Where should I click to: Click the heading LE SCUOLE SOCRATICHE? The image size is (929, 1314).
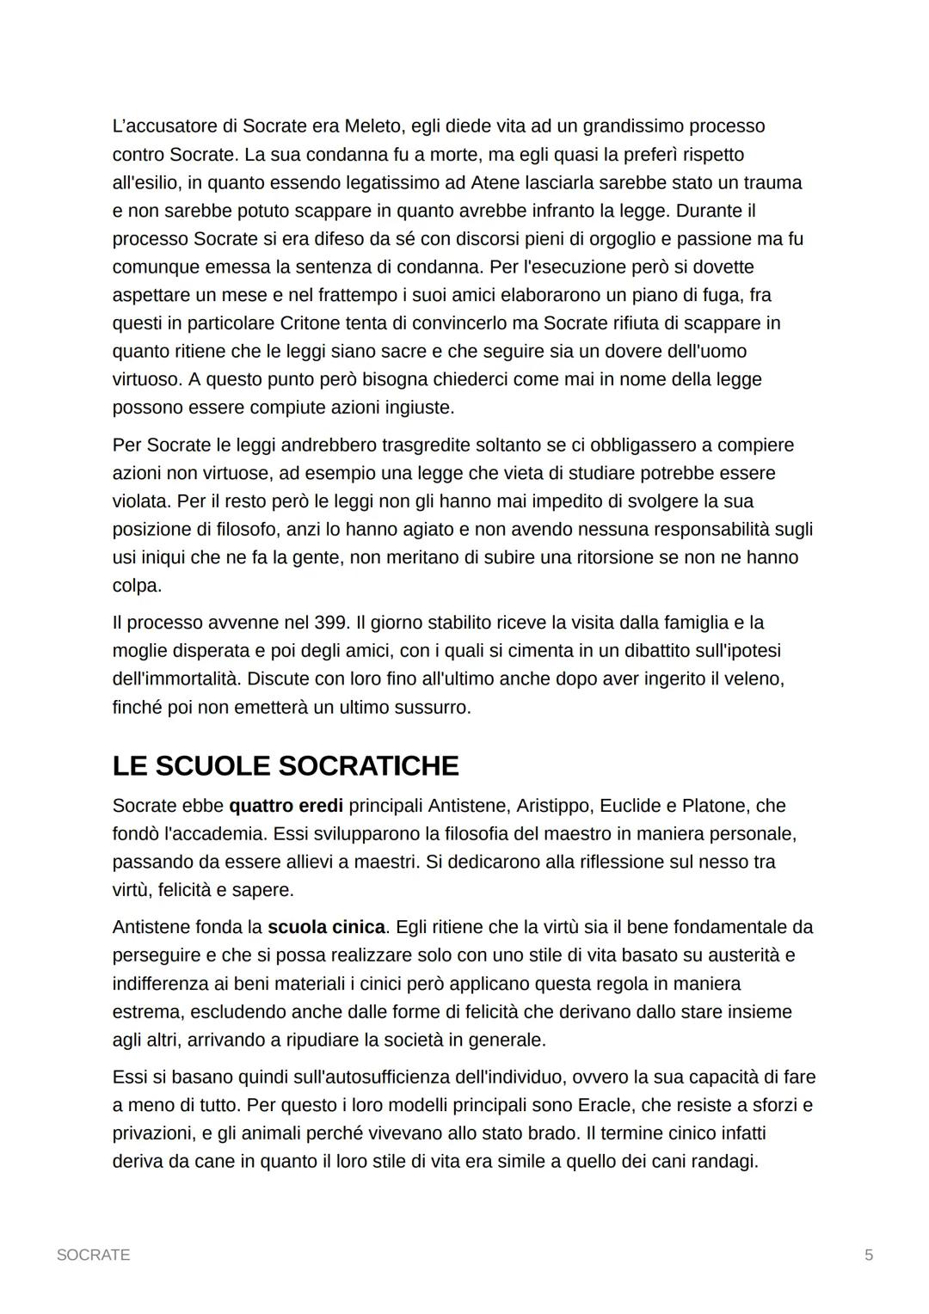coord(286,765)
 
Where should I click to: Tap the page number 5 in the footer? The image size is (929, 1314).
coord(869,1255)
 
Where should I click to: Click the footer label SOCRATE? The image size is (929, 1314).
coord(93,1255)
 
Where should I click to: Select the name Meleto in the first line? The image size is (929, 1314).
coord(373,126)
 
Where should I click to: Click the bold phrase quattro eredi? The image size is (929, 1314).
coord(286,806)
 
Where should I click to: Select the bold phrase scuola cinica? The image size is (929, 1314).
coord(326,927)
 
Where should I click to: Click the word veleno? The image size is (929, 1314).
coord(754,678)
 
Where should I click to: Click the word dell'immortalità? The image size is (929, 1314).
coord(176,678)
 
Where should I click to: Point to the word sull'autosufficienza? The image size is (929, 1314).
coord(326,1077)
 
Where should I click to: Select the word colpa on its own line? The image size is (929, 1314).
coord(136,586)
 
